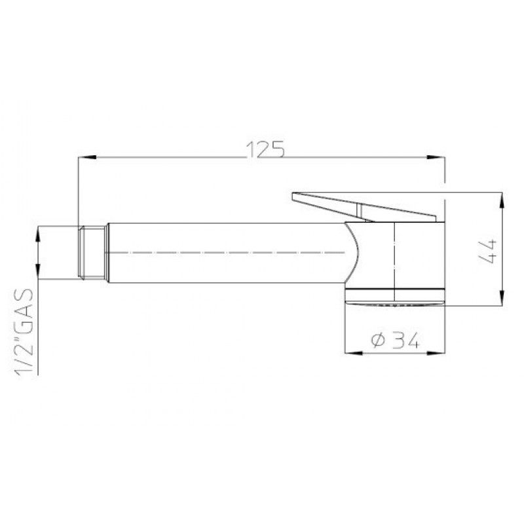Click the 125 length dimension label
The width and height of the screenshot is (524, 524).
[265, 149]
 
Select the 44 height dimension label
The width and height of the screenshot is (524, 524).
[487, 252]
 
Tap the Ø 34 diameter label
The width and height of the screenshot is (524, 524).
[395, 341]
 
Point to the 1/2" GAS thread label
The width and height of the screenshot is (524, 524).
[24, 332]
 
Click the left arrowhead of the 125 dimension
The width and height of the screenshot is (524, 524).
[87, 157]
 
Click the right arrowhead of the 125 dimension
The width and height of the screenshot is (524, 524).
[436, 157]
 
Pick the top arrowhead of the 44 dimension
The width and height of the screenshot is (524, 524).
[502, 202]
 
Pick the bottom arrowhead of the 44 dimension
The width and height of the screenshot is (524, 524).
[502, 297]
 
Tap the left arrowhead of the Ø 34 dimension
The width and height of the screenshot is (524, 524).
[354, 353]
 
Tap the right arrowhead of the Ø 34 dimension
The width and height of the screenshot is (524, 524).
[436, 353]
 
